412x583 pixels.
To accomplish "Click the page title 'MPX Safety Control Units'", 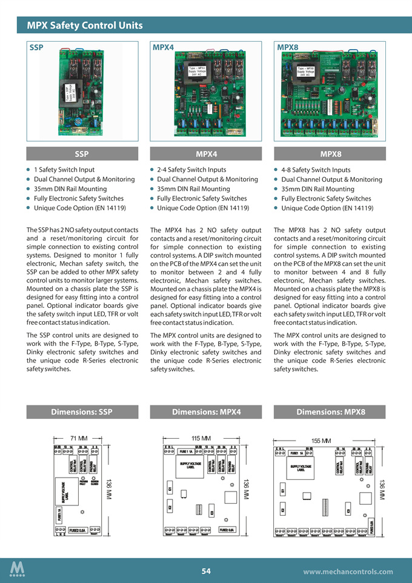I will point(85,25).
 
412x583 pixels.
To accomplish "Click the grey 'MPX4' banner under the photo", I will point(206,154).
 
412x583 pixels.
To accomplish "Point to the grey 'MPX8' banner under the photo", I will point(330,154).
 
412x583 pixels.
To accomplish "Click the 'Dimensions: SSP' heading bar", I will point(82,412).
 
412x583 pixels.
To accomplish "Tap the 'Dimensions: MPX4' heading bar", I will point(206,412).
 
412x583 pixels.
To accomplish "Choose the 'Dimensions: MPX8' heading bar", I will point(330,412).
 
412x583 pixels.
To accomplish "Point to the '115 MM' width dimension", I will point(201,438).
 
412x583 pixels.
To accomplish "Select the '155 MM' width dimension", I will point(321,441).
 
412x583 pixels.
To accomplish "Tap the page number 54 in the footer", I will point(206,571).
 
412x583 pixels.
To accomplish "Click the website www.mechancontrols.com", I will point(348,571).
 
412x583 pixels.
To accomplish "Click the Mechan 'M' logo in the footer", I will point(18,570).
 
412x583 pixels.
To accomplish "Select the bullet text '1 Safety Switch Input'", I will point(64,170).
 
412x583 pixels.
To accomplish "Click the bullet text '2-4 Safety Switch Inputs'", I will point(191,170).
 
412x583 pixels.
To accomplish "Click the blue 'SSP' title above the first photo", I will point(36,47).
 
